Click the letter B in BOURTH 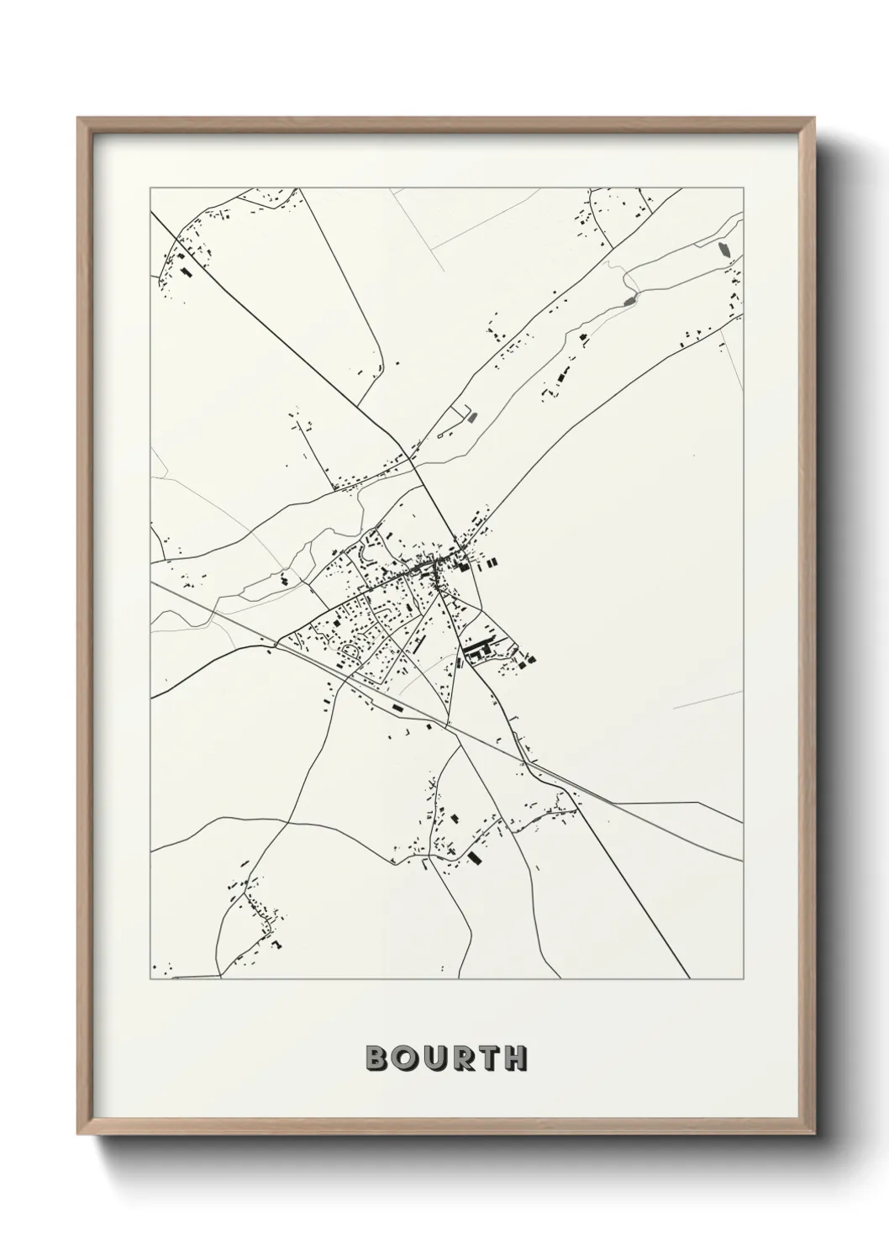(375, 1058)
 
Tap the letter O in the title (402, 1058)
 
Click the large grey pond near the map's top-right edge (722, 249)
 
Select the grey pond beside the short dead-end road (471, 415)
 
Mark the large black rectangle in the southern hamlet (475, 857)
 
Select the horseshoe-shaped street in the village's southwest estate (350, 651)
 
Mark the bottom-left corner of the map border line (150, 978)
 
